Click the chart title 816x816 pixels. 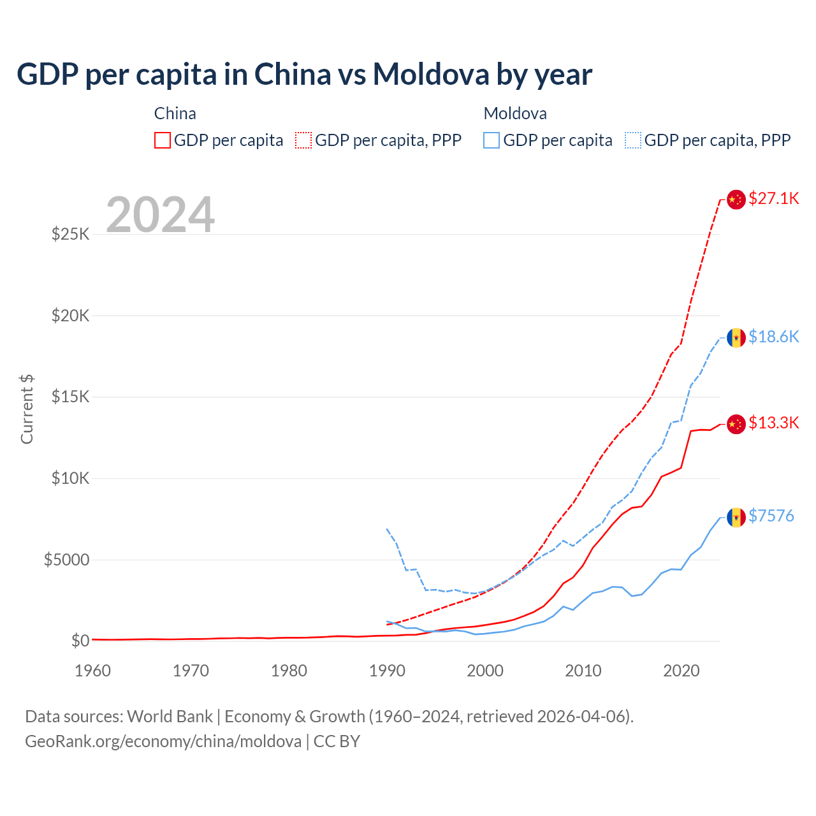[x=304, y=75]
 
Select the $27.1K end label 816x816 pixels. [x=773, y=198]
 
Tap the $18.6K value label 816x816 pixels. [x=773, y=337]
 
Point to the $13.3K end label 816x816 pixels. [x=773, y=423]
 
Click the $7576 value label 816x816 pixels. [x=771, y=516]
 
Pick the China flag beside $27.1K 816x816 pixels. [x=736, y=200]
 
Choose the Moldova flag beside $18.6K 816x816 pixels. [x=736, y=338]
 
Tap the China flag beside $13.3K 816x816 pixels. [x=736, y=424]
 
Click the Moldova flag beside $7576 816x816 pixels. [x=736, y=517]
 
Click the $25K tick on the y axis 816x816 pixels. [x=70, y=234]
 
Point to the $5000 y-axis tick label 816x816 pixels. [x=66, y=560]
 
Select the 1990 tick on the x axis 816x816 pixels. [x=387, y=671]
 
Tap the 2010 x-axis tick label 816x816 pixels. [x=583, y=671]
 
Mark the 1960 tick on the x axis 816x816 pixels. [x=93, y=671]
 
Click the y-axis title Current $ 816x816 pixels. [x=27, y=409]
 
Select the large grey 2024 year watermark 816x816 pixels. [x=160, y=215]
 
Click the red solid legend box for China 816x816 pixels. [x=163, y=140]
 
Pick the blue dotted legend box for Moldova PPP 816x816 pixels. [x=633, y=140]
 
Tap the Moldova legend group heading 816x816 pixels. [x=515, y=113]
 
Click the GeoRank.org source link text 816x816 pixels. [x=163, y=741]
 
